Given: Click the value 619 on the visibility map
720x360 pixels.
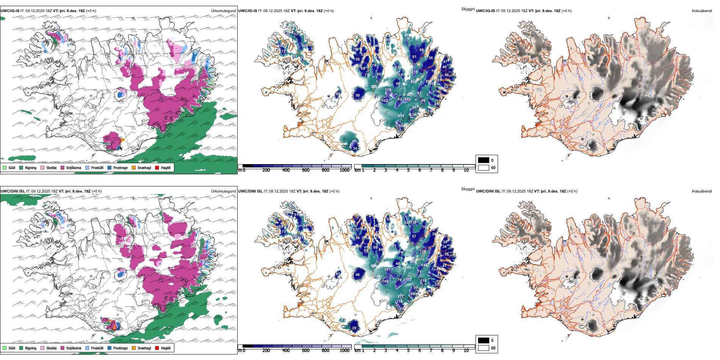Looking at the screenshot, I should [x=401, y=116].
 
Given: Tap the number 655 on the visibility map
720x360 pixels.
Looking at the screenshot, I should [x=408, y=268].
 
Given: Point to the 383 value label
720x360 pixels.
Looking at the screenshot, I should [x=374, y=87].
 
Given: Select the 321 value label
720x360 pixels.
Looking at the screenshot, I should [x=409, y=279].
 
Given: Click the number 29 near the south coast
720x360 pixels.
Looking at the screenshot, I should [x=354, y=328].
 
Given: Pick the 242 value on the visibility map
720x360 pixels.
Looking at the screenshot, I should [x=407, y=99].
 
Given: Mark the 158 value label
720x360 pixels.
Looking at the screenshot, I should [x=388, y=90].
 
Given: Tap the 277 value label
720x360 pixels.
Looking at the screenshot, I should [x=401, y=296].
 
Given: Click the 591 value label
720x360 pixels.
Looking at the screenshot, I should [x=374, y=266].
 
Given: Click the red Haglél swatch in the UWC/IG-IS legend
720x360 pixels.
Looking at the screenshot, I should [x=157, y=167].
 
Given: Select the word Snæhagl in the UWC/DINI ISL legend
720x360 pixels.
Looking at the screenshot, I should [x=144, y=348].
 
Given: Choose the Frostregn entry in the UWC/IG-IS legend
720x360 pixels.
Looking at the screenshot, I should [x=120, y=167].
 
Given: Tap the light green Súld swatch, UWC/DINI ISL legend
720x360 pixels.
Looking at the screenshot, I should [x=5, y=348].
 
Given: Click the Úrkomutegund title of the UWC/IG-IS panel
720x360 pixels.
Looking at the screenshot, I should [x=223, y=11].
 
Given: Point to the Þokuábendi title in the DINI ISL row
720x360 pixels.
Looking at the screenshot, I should [x=702, y=191].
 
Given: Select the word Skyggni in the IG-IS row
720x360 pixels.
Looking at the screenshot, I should [x=468, y=9].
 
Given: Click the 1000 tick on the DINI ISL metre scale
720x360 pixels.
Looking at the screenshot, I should [x=344, y=351].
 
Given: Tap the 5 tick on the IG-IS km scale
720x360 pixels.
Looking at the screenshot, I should [x=408, y=170].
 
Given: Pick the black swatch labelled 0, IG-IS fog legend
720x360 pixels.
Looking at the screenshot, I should [x=484, y=160].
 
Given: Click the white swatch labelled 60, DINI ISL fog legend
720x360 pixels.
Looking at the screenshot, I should [x=484, y=348].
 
